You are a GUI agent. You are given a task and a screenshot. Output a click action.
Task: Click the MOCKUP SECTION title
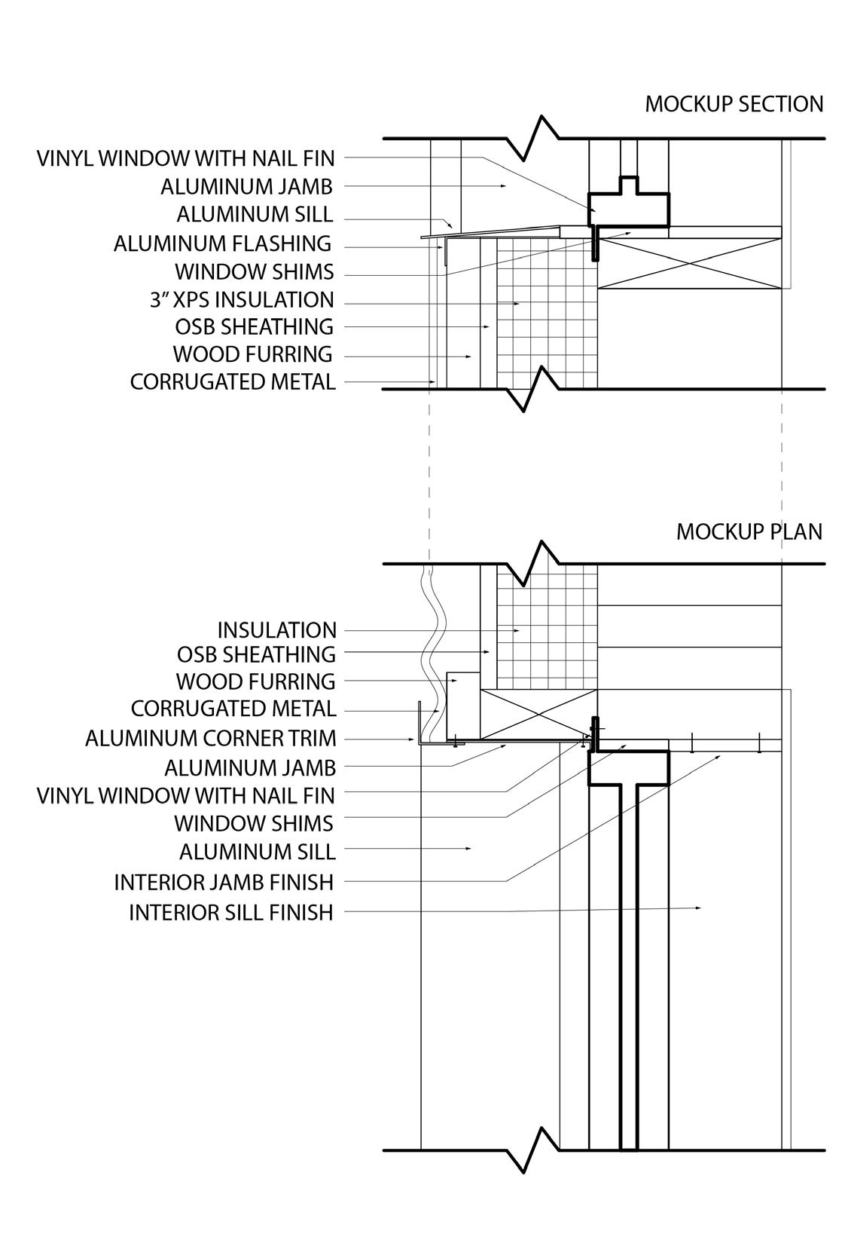pyautogui.click(x=734, y=104)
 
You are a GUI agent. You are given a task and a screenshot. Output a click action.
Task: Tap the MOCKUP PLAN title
pyautogui.click(x=749, y=531)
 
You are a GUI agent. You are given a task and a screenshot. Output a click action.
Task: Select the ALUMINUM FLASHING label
pyautogui.click(x=223, y=243)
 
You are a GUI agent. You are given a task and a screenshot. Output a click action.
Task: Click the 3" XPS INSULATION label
pyautogui.click(x=242, y=300)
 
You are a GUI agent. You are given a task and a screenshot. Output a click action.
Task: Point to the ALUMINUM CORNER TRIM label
pyautogui.click(x=211, y=738)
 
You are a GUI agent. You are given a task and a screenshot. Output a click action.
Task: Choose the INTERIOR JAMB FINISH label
pyautogui.click(x=224, y=882)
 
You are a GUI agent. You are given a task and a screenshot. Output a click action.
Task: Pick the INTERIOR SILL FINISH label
pyautogui.click(x=231, y=912)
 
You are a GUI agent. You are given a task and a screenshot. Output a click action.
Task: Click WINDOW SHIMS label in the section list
pyautogui.click(x=255, y=272)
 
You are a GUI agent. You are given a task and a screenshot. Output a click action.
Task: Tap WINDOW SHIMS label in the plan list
pyautogui.click(x=254, y=823)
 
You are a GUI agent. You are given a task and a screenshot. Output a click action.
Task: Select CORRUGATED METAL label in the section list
pyautogui.click(x=233, y=381)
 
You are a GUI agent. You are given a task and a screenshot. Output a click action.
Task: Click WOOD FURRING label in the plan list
pyautogui.click(x=255, y=681)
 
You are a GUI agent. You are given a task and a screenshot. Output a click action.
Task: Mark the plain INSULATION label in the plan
pyautogui.click(x=276, y=630)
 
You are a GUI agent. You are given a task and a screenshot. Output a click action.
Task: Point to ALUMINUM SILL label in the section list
pyautogui.click(x=255, y=214)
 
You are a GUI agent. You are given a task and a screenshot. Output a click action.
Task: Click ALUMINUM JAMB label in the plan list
pyautogui.click(x=250, y=768)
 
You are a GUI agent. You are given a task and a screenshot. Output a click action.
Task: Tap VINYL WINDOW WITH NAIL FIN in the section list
pyautogui.click(x=186, y=159)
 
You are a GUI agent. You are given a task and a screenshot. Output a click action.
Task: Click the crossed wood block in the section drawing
pyautogui.click(x=689, y=263)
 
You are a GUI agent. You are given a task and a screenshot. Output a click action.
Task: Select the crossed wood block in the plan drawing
pyautogui.click(x=538, y=714)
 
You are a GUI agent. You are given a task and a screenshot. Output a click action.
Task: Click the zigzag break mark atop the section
pyautogui.click(x=532, y=138)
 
